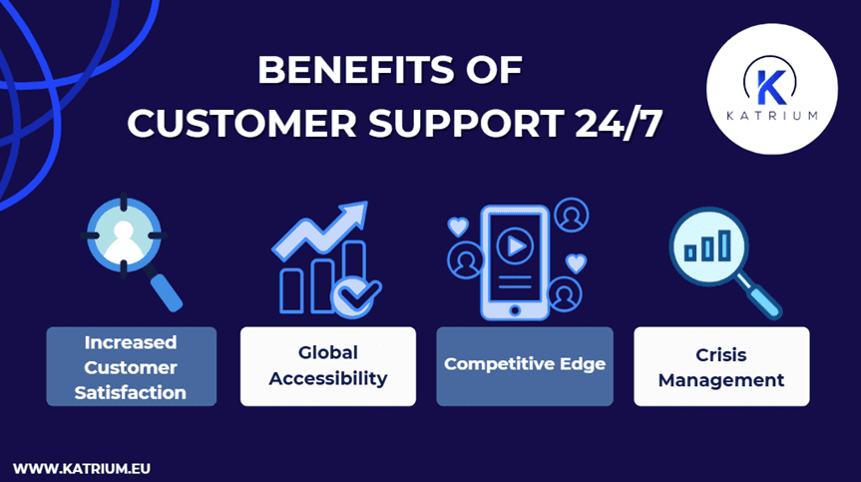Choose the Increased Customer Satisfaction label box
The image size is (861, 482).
[x=131, y=366]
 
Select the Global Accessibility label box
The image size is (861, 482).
[x=328, y=366]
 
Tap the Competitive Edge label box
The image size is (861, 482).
[x=525, y=364]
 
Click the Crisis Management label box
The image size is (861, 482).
[x=721, y=366]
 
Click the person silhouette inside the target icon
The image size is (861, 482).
[x=123, y=238]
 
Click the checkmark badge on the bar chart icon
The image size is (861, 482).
[x=355, y=294]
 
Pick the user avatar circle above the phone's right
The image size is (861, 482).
[x=572, y=216]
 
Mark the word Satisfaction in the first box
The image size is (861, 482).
[x=131, y=392]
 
